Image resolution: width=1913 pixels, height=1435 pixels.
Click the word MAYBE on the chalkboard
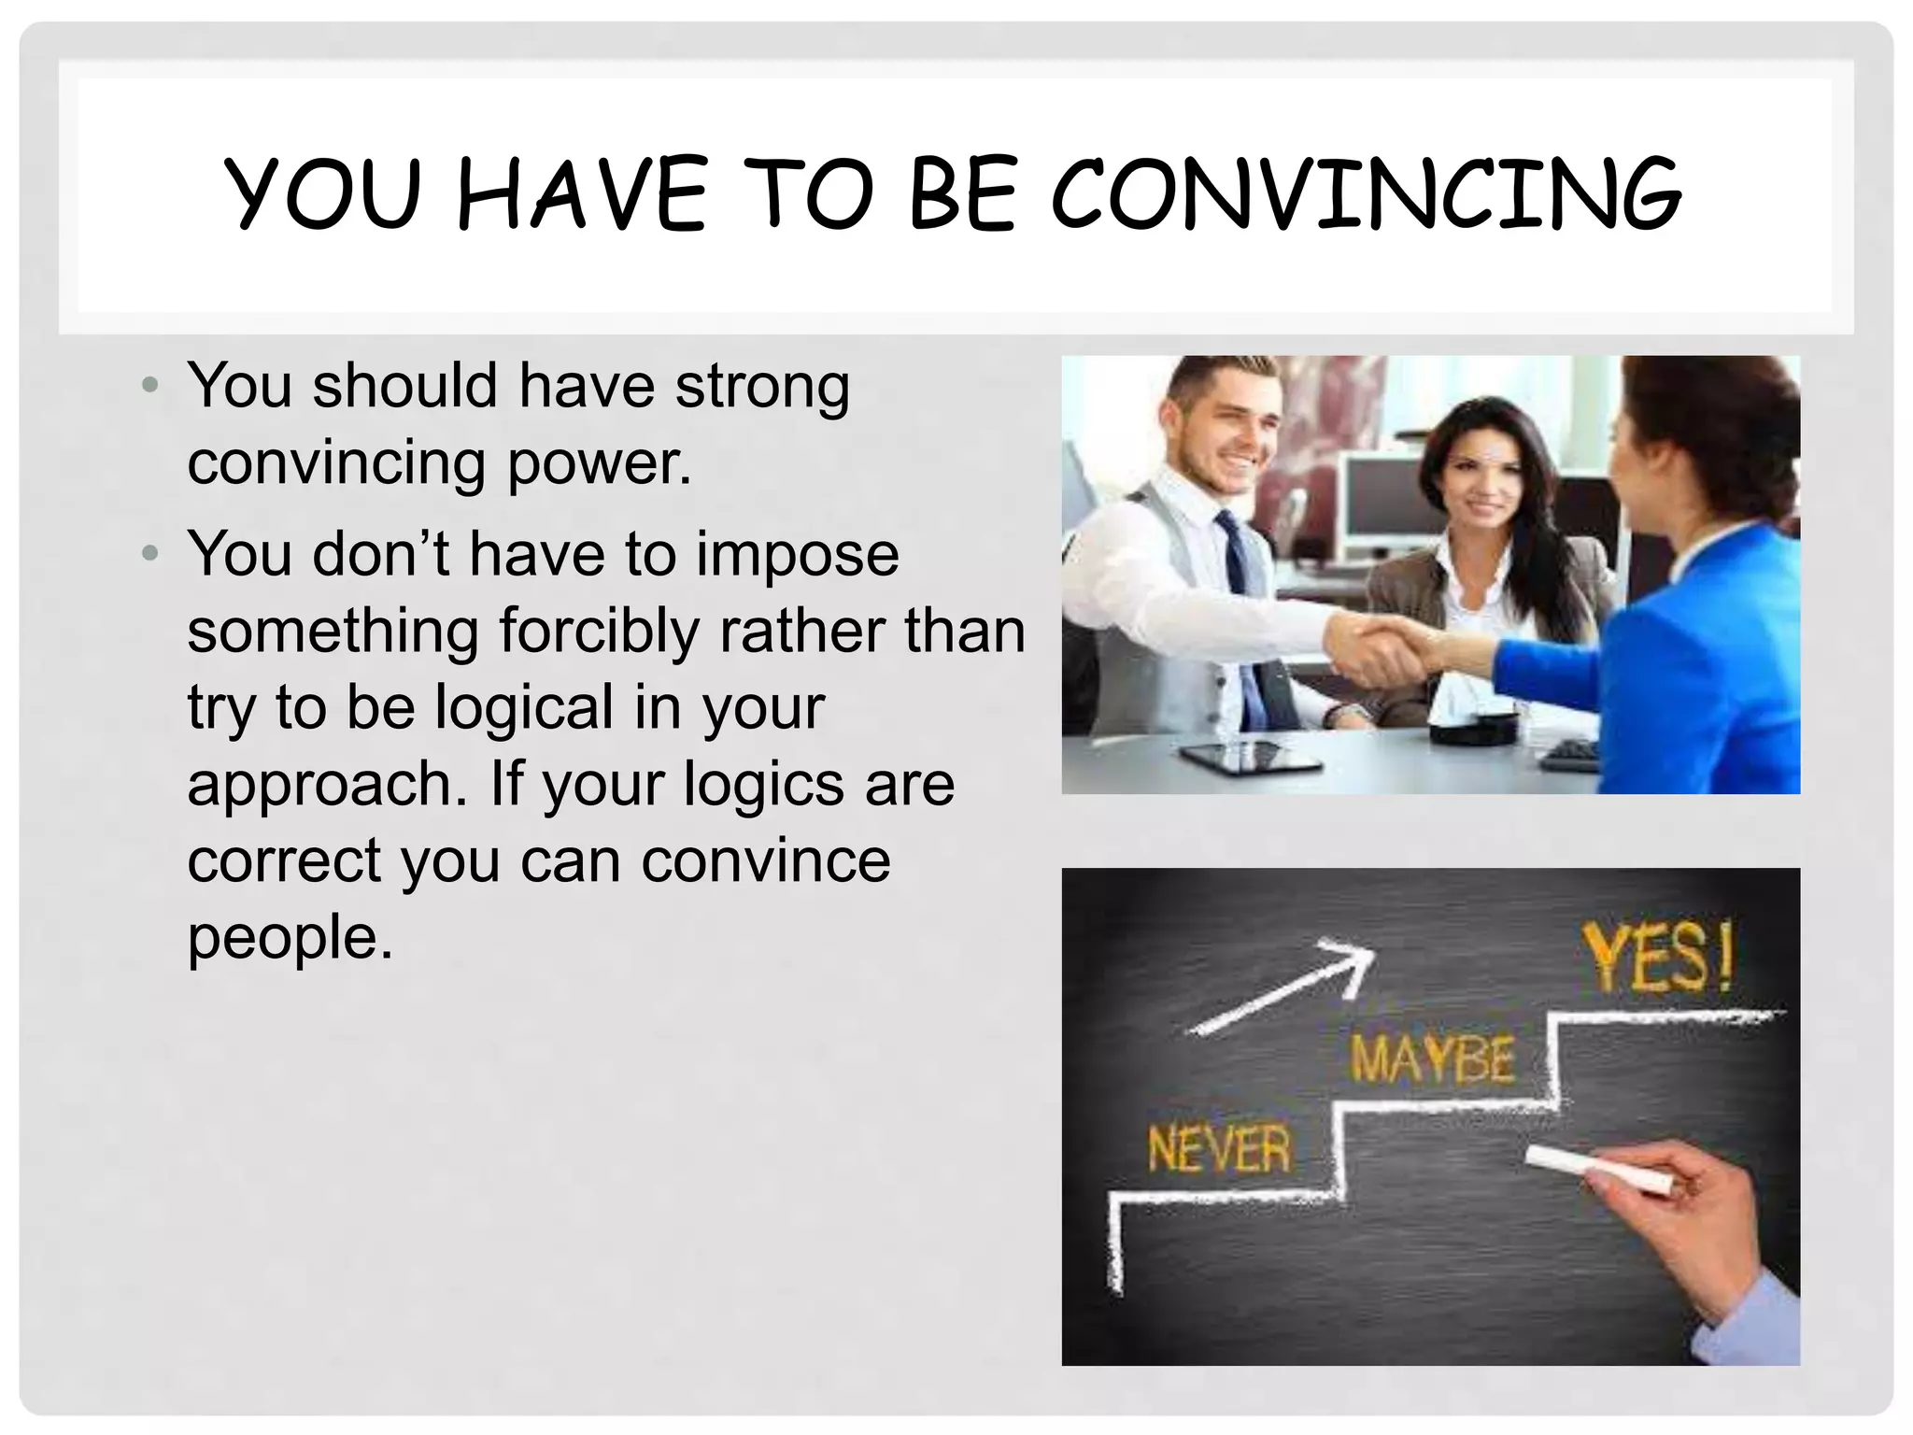pos(1431,1060)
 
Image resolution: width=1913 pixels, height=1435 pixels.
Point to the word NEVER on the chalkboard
pos(1218,1149)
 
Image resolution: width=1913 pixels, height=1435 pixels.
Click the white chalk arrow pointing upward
pos(1285,988)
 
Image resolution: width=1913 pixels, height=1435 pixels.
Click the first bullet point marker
pos(150,385)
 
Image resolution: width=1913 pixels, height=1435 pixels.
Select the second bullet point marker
pos(150,554)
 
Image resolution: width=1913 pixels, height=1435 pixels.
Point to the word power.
pos(598,463)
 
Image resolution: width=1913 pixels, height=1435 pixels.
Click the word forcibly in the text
pos(598,632)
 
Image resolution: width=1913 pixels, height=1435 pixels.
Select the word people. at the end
pos(290,938)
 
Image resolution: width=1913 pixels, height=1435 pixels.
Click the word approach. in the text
pos(327,785)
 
